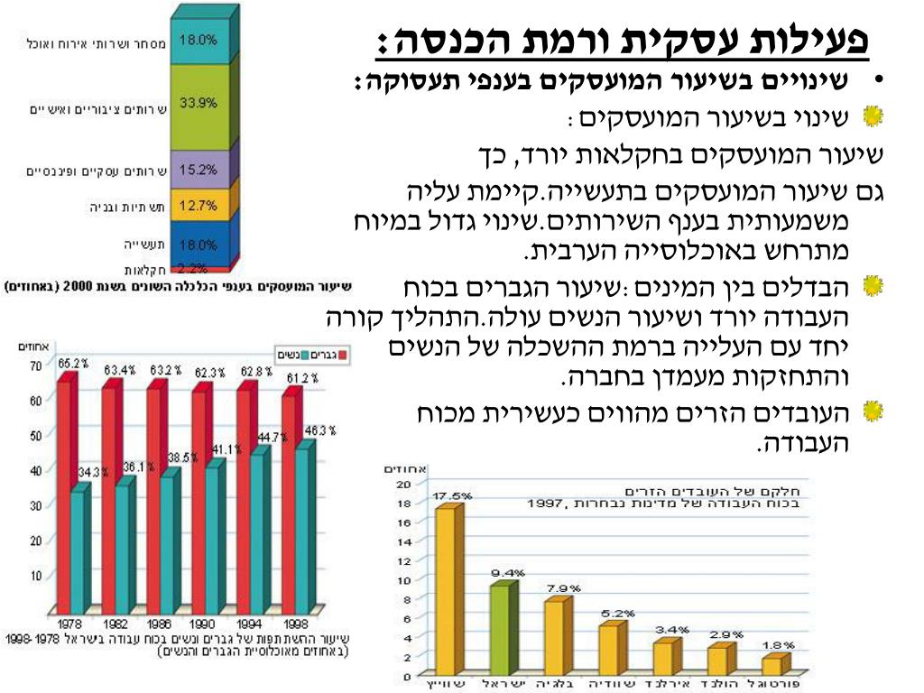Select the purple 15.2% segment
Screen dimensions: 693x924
[200, 169]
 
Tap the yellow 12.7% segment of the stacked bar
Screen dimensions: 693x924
[200, 205]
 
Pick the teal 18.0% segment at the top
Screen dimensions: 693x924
[200, 41]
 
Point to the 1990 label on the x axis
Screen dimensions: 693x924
[203, 624]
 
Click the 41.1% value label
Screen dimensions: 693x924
[226, 449]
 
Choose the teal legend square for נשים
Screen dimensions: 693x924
[306, 355]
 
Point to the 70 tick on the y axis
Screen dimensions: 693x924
[35, 366]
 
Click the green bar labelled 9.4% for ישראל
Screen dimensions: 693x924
[499, 630]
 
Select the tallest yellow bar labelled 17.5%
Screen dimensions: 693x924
[445, 591]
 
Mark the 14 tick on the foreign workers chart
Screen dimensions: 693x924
[406, 541]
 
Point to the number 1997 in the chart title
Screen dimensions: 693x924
[546, 504]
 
